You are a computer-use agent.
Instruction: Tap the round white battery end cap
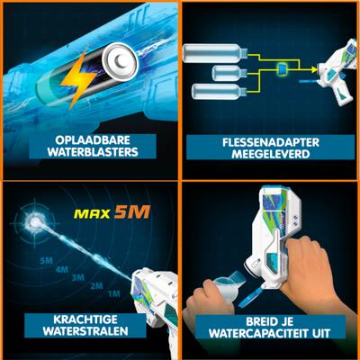click(x=120, y=62)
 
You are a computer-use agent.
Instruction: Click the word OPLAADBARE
click(x=93, y=140)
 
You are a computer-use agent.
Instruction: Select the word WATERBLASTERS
click(x=93, y=152)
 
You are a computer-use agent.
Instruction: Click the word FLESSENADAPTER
click(x=271, y=142)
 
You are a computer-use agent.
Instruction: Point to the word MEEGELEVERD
click(x=271, y=154)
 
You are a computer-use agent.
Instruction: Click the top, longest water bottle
click(x=215, y=53)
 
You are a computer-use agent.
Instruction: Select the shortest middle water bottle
click(x=229, y=74)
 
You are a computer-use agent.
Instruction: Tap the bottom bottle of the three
click(x=219, y=92)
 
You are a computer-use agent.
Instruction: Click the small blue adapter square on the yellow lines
click(x=283, y=68)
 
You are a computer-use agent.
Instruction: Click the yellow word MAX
click(x=93, y=213)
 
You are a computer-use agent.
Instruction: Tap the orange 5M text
click(x=132, y=212)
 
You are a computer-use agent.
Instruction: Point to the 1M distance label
click(x=114, y=293)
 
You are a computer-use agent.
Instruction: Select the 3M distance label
click(x=78, y=278)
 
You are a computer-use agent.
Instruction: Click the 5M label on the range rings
click(x=47, y=261)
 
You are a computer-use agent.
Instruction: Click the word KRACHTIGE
click(x=85, y=319)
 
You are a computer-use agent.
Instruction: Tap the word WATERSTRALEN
click(x=85, y=331)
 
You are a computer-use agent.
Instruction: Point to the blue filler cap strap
click(x=250, y=297)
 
